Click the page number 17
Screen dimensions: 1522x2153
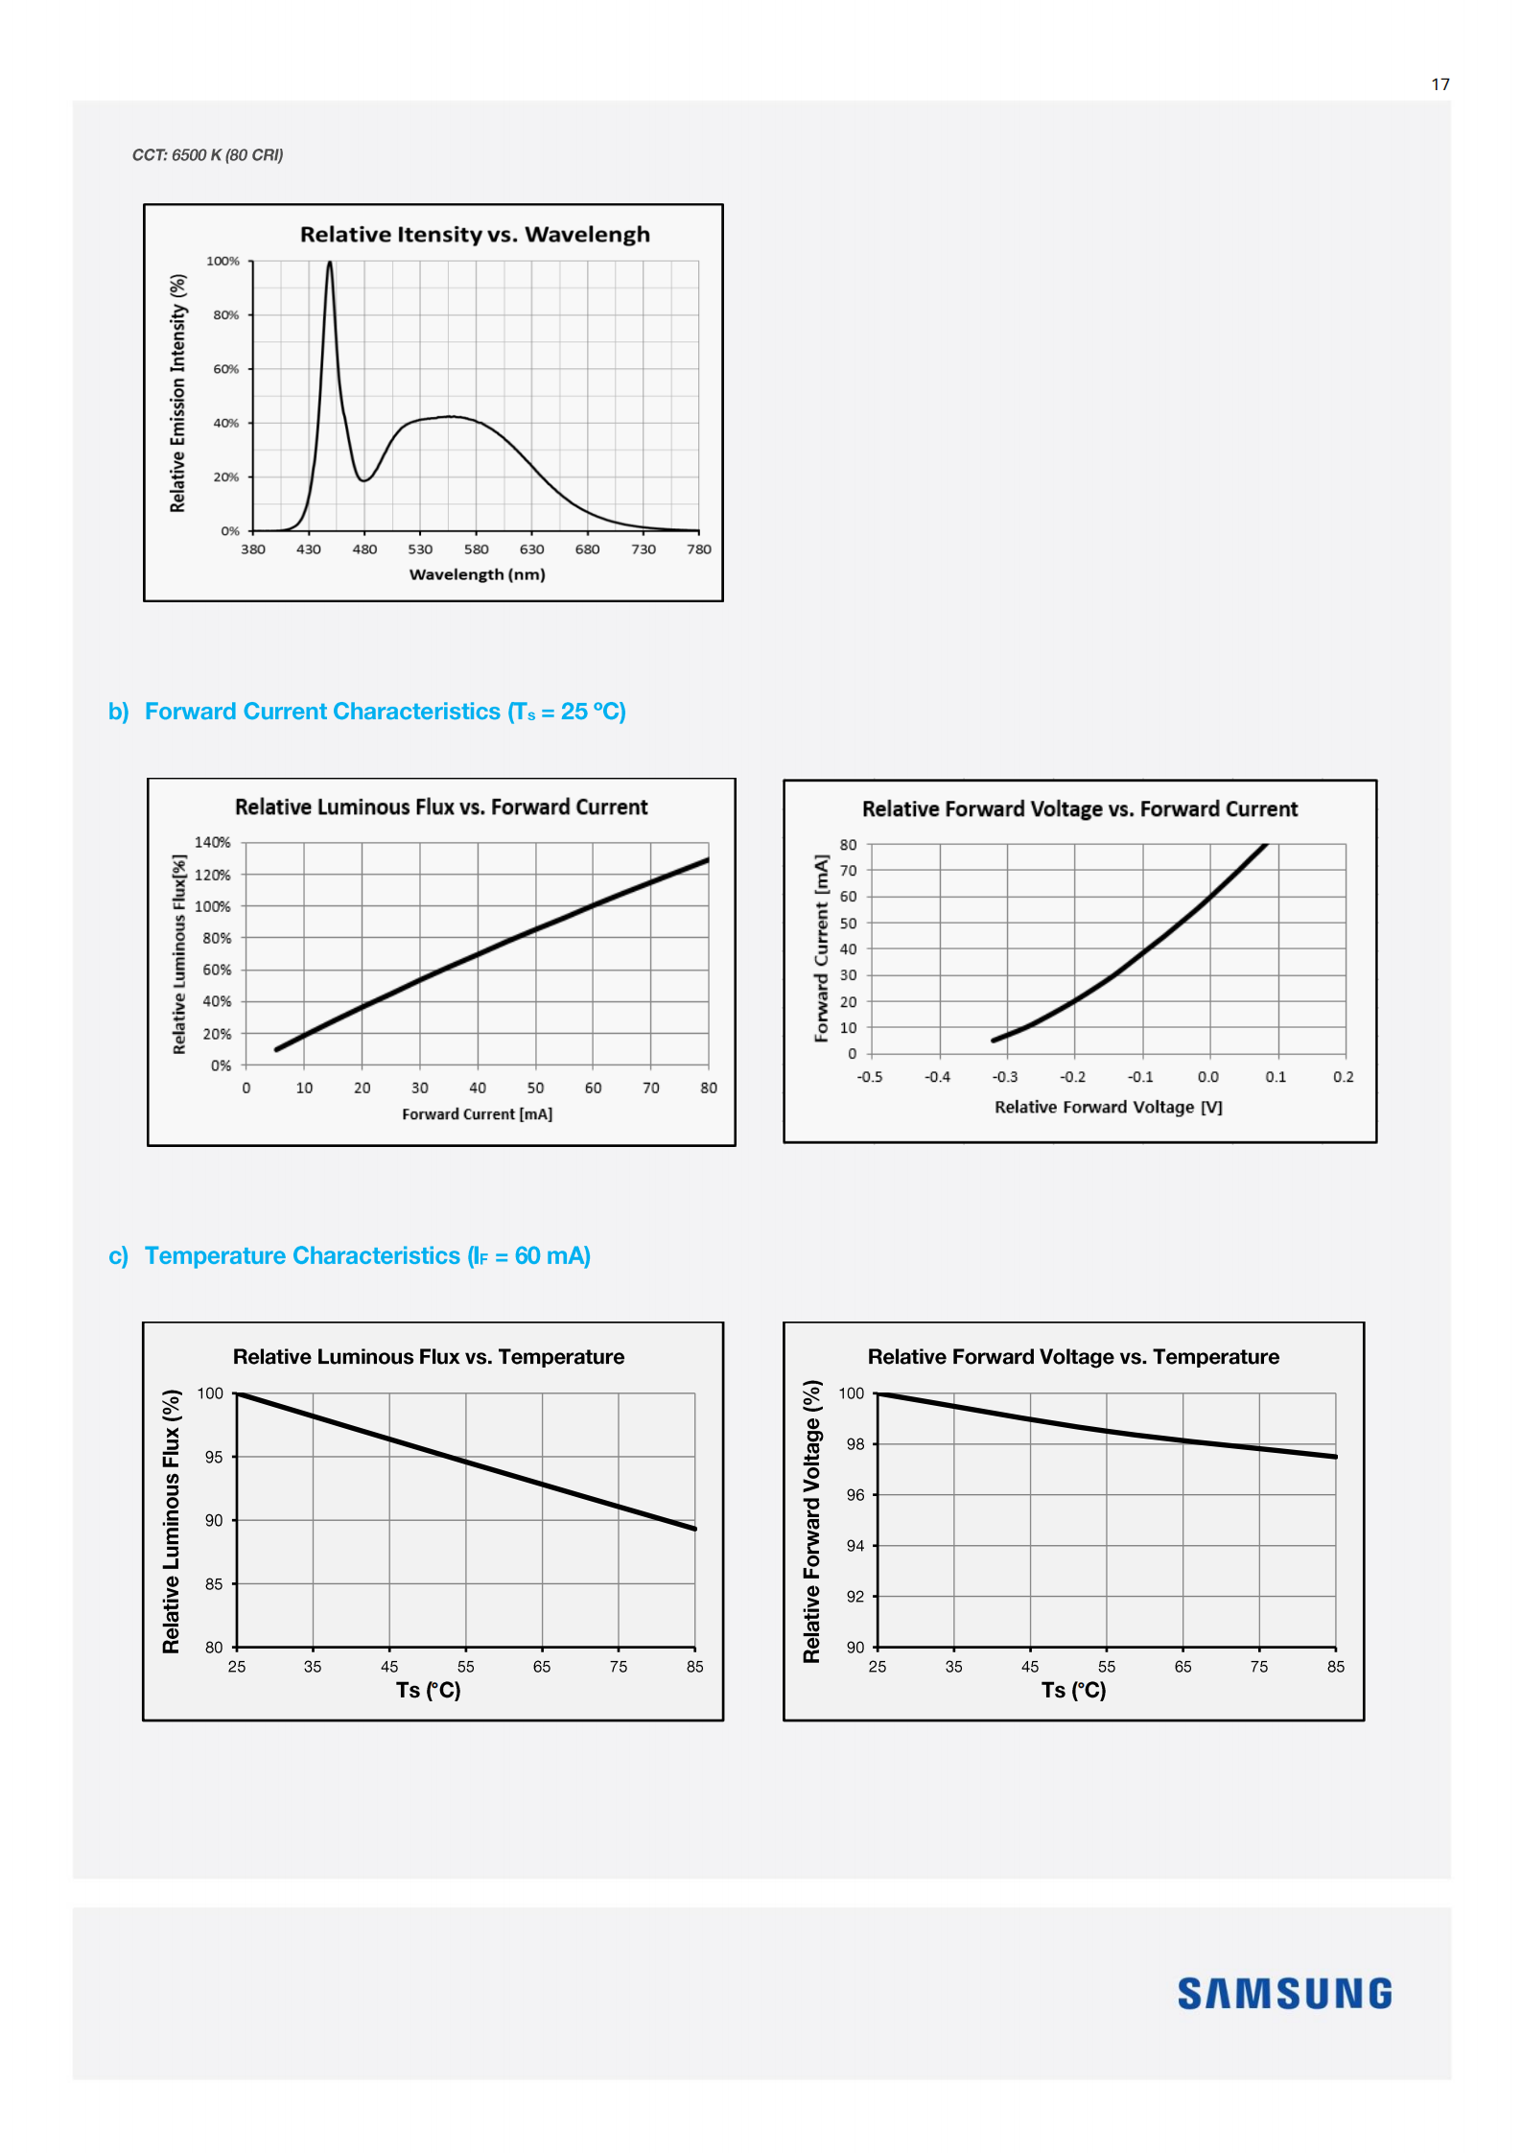(x=1440, y=84)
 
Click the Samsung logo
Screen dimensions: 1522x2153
(x=1284, y=1994)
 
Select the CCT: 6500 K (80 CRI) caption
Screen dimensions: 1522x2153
(x=207, y=155)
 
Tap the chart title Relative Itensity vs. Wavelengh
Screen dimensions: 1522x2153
(x=475, y=234)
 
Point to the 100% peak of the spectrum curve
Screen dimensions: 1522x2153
(x=330, y=263)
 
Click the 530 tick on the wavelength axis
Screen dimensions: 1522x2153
(x=420, y=550)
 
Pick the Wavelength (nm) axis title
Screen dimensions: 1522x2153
(x=477, y=574)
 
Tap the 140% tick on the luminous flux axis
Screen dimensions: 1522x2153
(x=213, y=842)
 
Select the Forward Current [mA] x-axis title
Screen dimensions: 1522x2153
(x=477, y=1114)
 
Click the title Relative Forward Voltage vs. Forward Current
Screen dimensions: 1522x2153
(x=1079, y=808)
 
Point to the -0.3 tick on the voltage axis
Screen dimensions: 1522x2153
(x=1004, y=1077)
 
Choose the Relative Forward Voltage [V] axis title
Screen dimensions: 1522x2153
(x=1108, y=1107)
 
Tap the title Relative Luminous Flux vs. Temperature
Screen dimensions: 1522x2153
(x=428, y=1357)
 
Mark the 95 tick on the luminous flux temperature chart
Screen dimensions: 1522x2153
(x=213, y=1457)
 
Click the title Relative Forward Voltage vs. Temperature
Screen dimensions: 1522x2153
(x=1073, y=1357)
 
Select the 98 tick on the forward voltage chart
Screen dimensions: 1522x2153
(x=855, y=1444)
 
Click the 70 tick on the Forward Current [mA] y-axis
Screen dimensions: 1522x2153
(x=848, y=871)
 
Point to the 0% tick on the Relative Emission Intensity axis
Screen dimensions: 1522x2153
(x=230, y=531)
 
